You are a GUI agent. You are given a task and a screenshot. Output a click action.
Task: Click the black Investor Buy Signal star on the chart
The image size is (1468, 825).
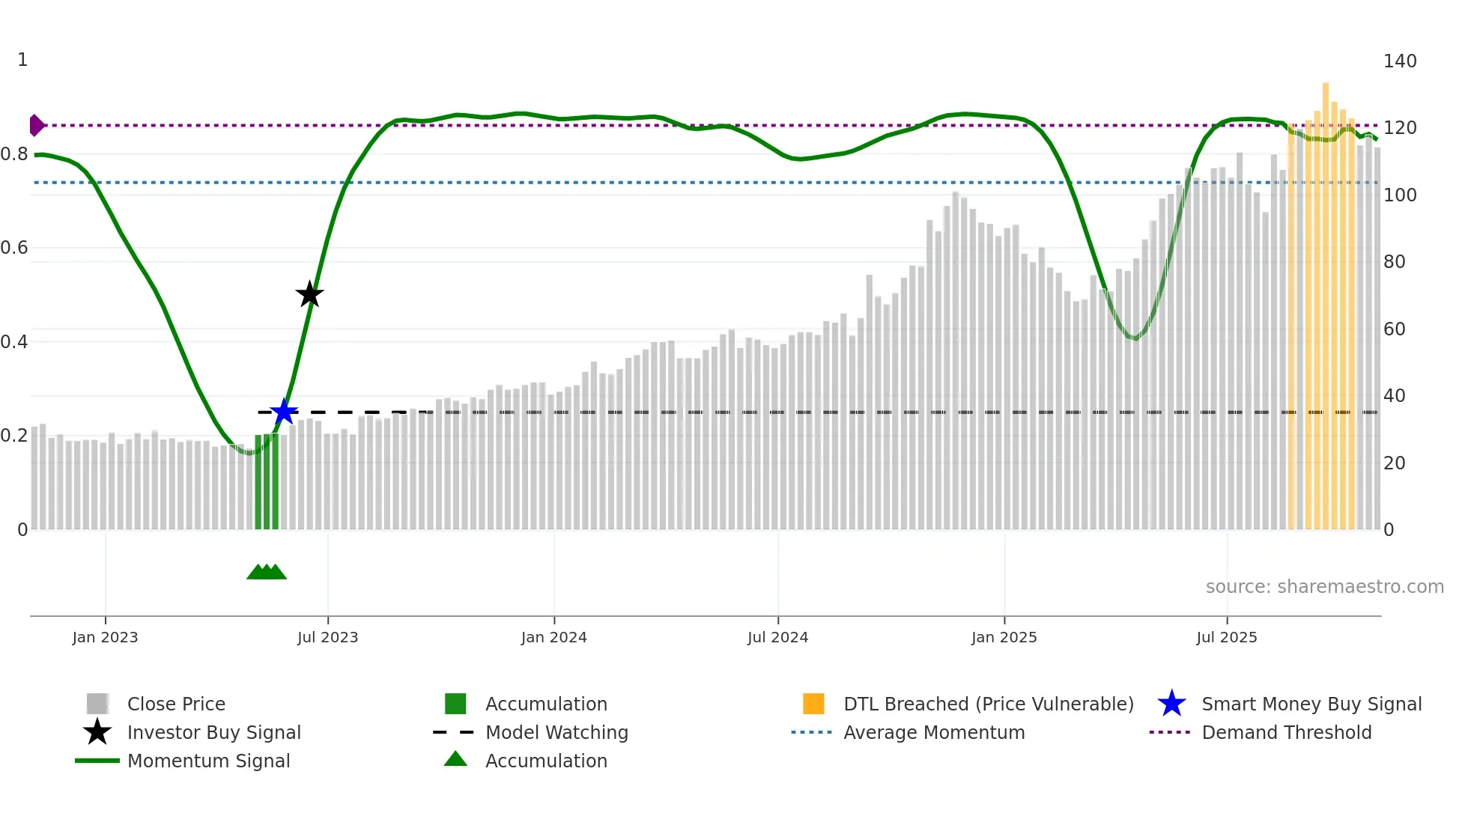309,294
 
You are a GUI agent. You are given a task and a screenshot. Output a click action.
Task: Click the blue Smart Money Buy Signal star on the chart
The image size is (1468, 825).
284,412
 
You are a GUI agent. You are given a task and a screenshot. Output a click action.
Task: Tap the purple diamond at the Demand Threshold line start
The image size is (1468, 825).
36,126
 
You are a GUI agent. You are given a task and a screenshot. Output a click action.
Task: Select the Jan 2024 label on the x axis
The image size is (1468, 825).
553,637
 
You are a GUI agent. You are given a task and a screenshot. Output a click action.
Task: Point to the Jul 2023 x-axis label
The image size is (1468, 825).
327,637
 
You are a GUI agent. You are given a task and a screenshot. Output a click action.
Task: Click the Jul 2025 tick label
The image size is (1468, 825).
1226,637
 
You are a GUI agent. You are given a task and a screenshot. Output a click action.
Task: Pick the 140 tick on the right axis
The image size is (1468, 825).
1399,61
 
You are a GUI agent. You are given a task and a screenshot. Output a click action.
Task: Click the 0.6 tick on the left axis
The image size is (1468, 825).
14,248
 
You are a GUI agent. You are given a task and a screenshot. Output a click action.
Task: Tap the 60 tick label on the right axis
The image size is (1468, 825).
1394,329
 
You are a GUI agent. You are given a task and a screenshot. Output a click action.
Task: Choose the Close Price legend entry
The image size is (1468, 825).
176,704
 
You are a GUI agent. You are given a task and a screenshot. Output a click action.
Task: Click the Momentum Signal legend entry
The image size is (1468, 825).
208,761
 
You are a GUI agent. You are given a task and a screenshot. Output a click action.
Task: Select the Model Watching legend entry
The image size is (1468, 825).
556,732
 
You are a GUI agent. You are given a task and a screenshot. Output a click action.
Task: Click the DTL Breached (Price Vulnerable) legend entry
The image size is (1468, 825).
988,704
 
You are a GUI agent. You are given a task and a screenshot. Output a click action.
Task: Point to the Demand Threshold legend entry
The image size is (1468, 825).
1286,732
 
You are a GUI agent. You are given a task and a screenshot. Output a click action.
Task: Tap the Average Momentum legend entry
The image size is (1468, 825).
933,732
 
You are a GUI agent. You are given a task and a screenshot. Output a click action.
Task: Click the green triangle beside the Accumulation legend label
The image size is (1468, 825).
455,759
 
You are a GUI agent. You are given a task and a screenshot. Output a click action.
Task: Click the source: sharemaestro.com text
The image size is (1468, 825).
1324,587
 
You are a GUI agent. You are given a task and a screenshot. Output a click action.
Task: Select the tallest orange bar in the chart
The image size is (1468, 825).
1325,299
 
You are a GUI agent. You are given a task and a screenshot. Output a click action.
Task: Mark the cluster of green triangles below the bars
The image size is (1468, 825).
267,572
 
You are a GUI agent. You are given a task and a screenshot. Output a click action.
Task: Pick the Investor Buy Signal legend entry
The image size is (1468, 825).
213,732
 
